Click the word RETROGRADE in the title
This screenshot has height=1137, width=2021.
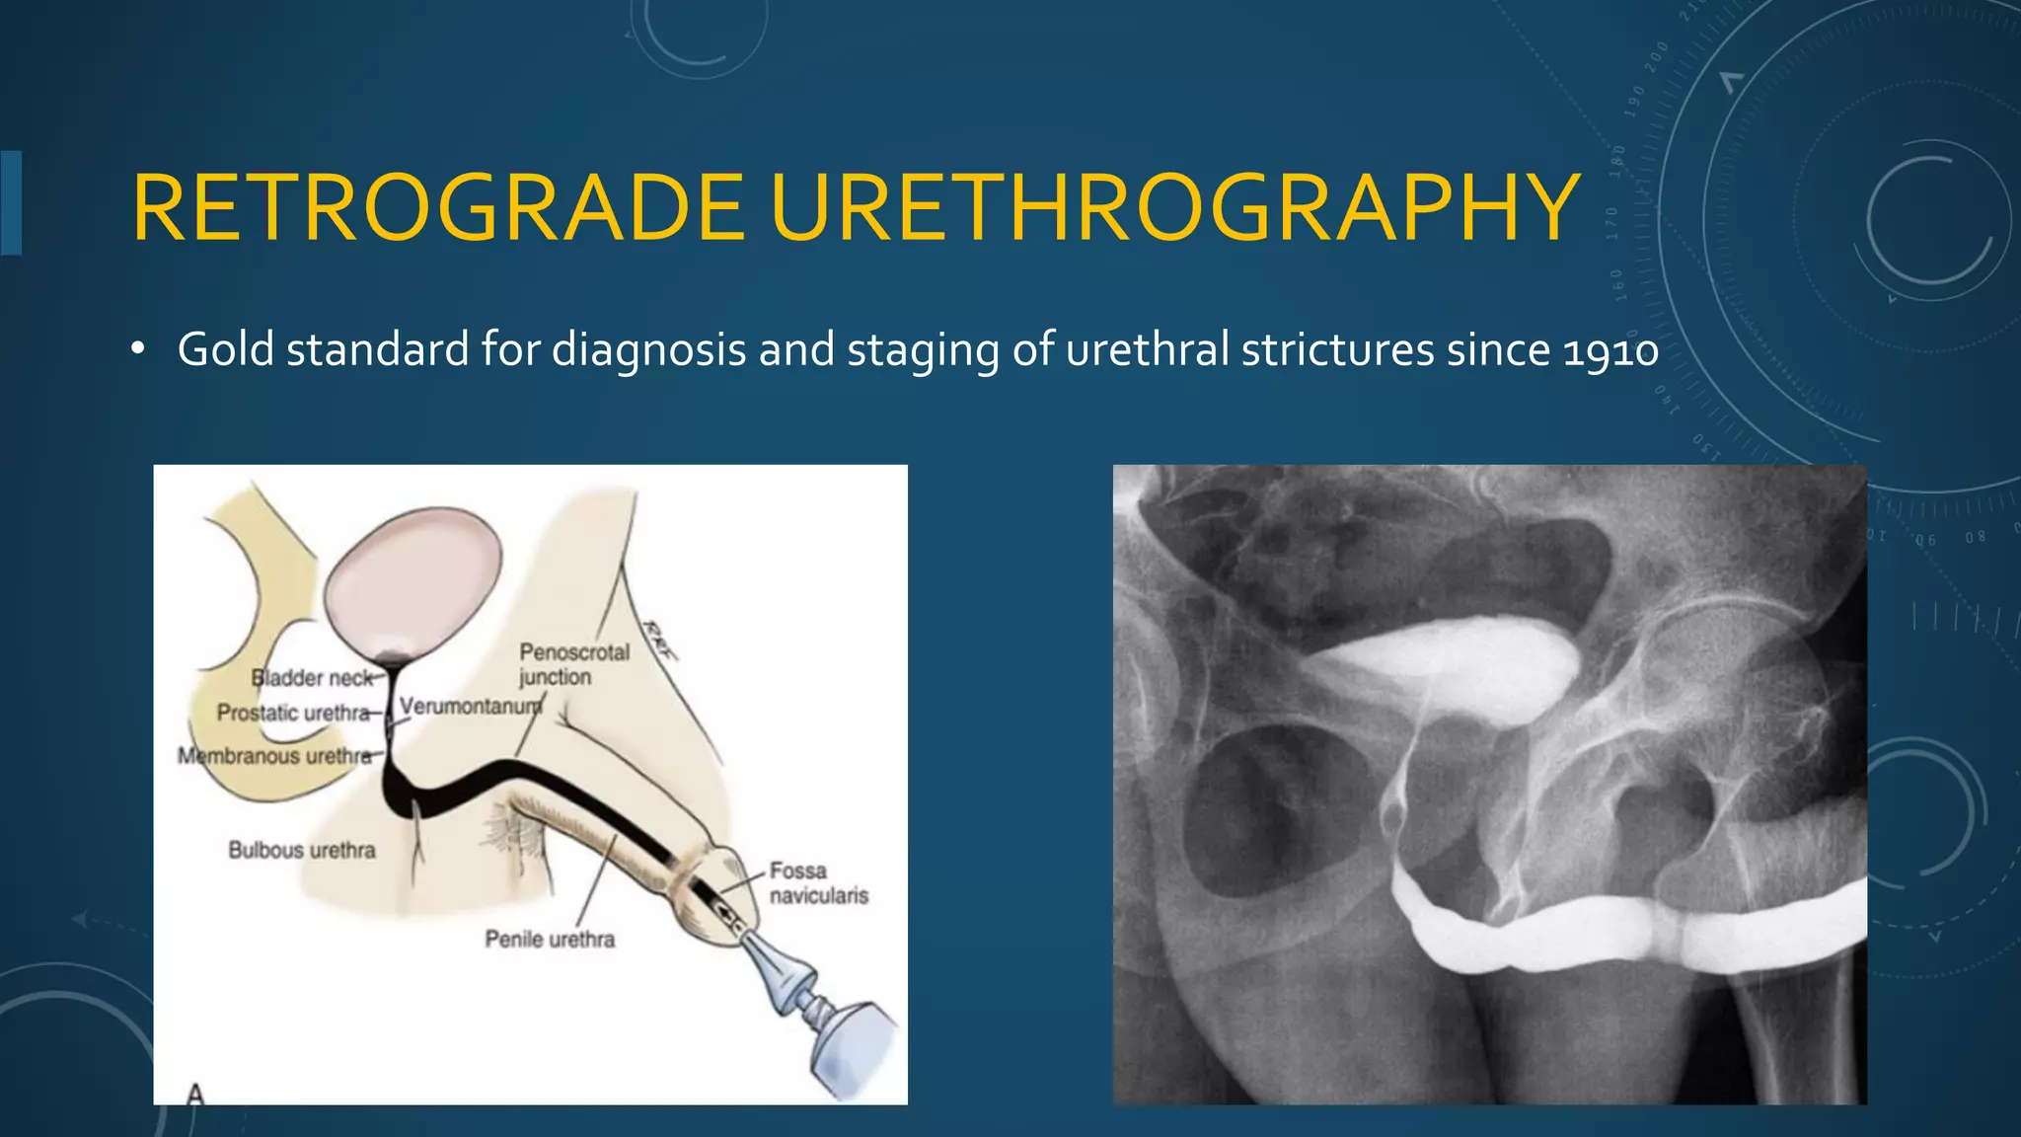[x=437, y=208]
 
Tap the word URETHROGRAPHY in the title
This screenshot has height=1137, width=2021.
[x=1175, y=208]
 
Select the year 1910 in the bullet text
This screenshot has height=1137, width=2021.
[x=1611, y=350]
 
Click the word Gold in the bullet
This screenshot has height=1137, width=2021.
[x=225, y=349]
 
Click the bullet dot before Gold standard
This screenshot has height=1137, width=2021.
[x=138, y=349]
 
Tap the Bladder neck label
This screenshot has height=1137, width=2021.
[x=312, y=678]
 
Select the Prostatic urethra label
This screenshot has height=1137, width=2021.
[x=293, y=713]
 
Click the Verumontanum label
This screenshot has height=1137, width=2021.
[x=471, y=707]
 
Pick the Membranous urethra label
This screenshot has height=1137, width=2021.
[x=275, y=756]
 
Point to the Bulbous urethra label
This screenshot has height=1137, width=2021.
[x=302, y=850]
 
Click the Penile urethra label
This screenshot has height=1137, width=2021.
[x=550, y=939]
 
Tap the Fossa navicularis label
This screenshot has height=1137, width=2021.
[x=818, y=883]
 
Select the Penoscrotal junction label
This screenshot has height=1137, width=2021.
[x=573, y=664]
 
